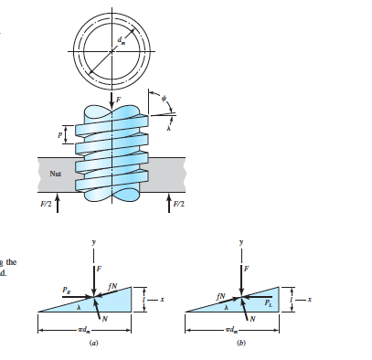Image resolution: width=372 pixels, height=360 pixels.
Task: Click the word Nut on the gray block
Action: pyautogui.click(x=57, y=169)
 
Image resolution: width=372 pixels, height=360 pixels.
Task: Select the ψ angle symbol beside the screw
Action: pyautogui.click(x=165, y=98)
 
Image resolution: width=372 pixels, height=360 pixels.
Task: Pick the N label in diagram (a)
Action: pyautogui.click(x=105, y=317)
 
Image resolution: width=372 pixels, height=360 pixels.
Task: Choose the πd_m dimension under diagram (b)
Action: pyautogui.click(x=232, y=327)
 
